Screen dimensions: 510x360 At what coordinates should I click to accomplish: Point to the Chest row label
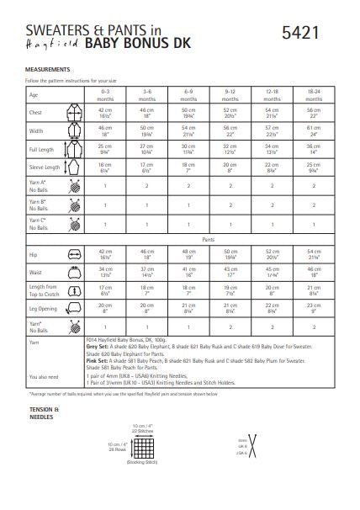click(34, 113)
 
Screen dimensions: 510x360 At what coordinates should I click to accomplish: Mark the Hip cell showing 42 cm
click(105, 254)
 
